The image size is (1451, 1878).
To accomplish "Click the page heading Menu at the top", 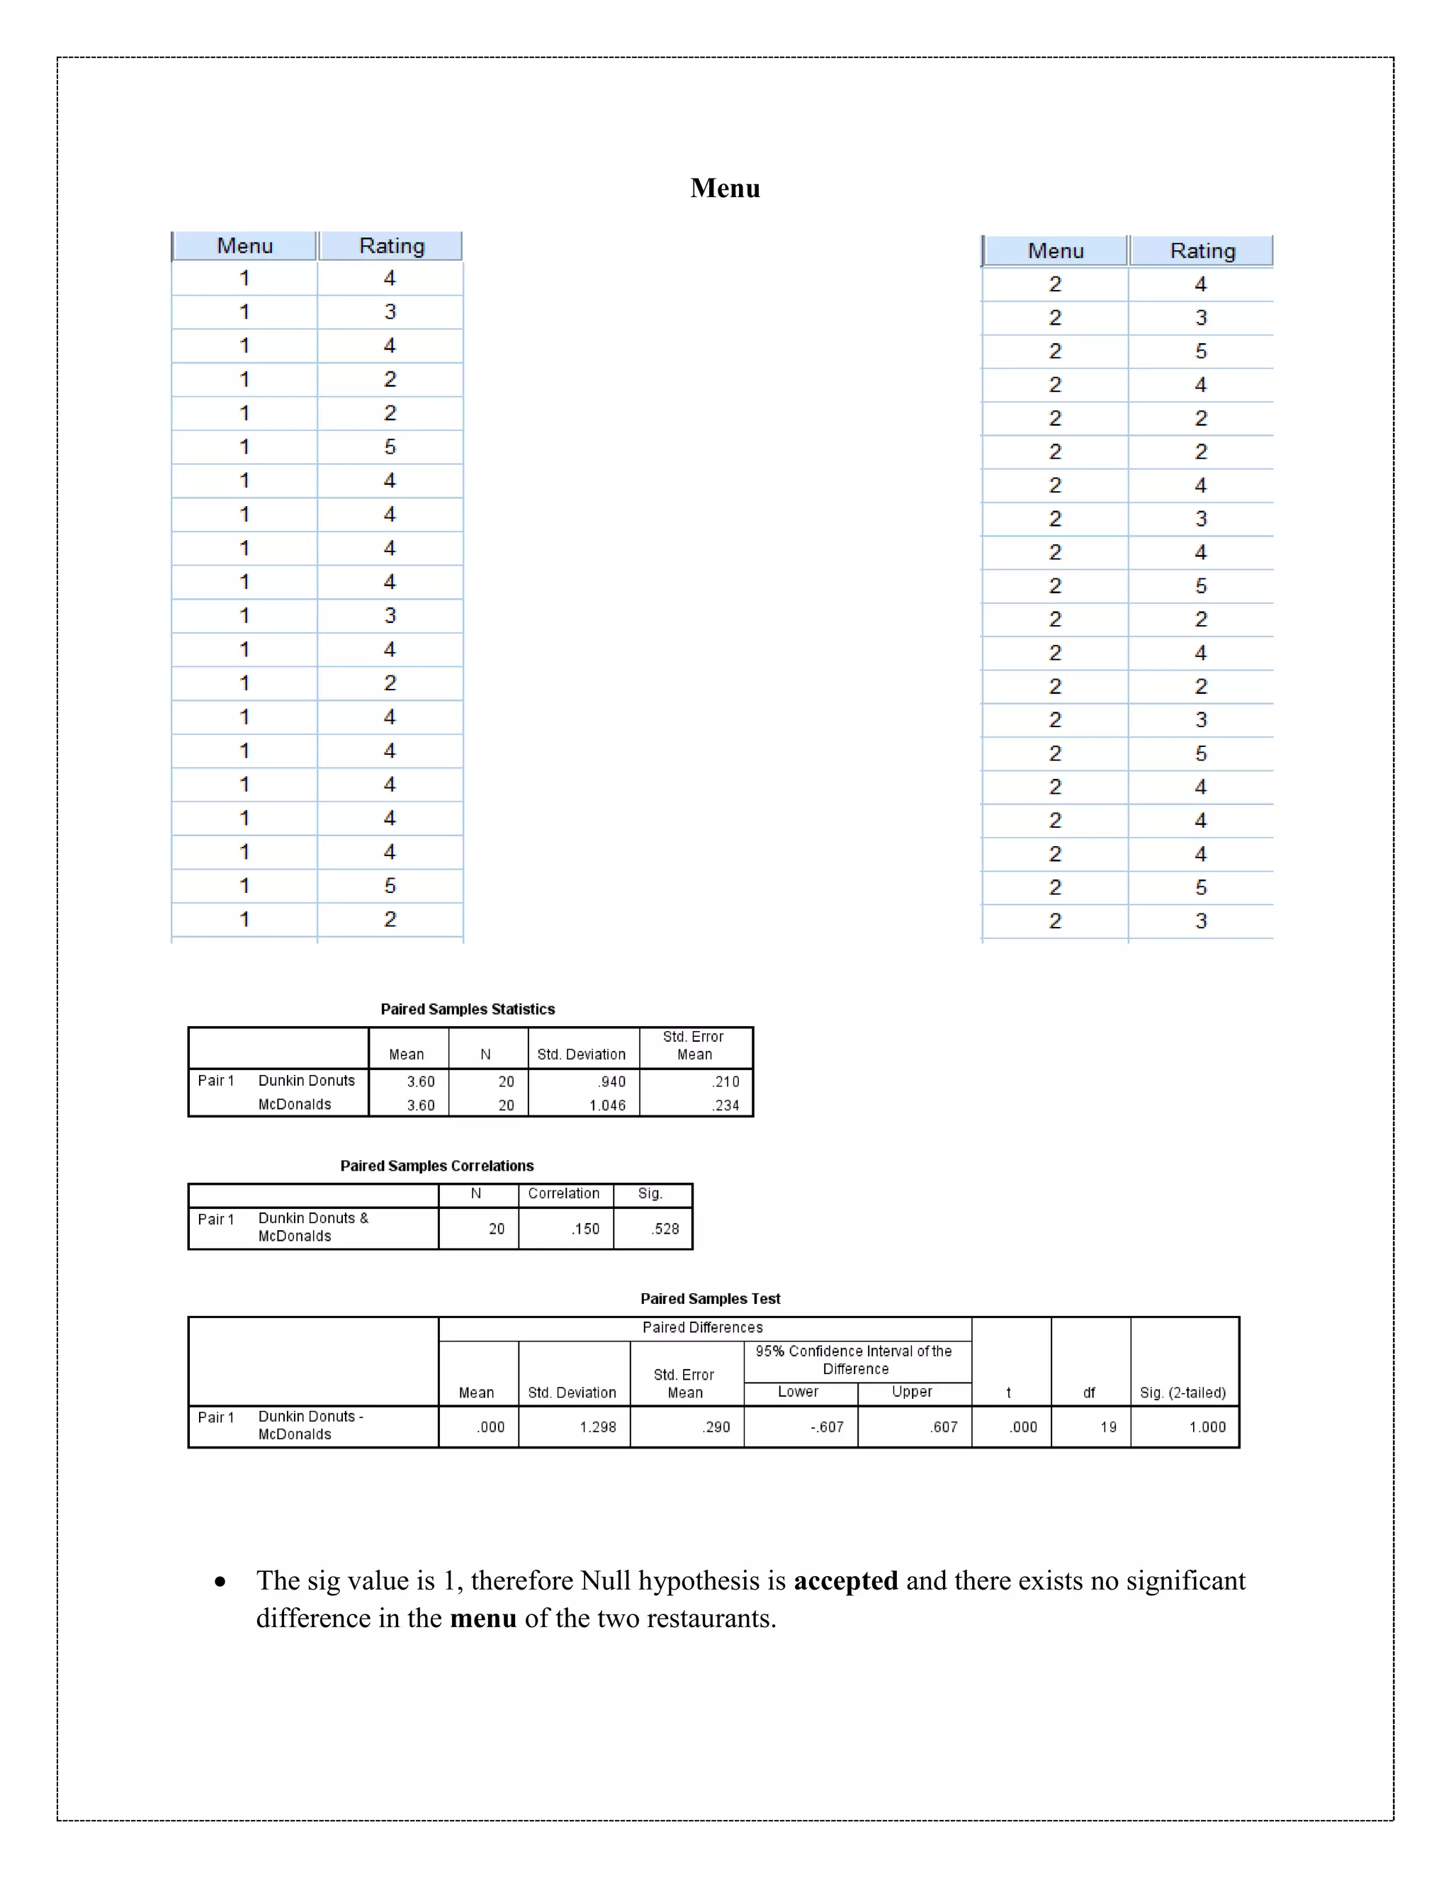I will point(725,189).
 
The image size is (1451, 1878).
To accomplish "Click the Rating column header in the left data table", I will point(391,246).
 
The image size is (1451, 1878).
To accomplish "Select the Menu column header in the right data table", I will point(1055,251).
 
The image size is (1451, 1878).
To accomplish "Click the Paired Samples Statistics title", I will point(468,1008).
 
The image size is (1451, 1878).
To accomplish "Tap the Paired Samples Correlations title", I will point(436,1165).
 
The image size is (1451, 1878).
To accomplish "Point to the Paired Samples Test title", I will point(710,1298).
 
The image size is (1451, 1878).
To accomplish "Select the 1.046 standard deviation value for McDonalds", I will point(607,1105).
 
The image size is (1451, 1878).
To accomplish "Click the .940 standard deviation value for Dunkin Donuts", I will point(612,1081).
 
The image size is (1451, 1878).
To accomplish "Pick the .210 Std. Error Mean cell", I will point(725,1081).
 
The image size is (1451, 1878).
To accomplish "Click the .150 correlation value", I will point(585,1229).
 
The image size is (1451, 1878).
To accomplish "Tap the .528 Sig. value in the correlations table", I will point(665,1229).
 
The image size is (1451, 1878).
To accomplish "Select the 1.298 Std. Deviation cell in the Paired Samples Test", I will point(597,1427).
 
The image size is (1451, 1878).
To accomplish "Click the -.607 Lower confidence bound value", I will point(826,1427).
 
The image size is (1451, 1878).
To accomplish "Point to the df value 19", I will point(1108,1427).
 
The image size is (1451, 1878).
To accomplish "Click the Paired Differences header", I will point(702,1327).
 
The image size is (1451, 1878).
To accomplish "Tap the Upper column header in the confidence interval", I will point(912,1391).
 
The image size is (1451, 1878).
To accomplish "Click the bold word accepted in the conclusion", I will point(845,1580).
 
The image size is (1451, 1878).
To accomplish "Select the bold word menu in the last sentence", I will point(483,1619).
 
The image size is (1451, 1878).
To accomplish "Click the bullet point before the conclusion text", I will point(221,1581).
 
